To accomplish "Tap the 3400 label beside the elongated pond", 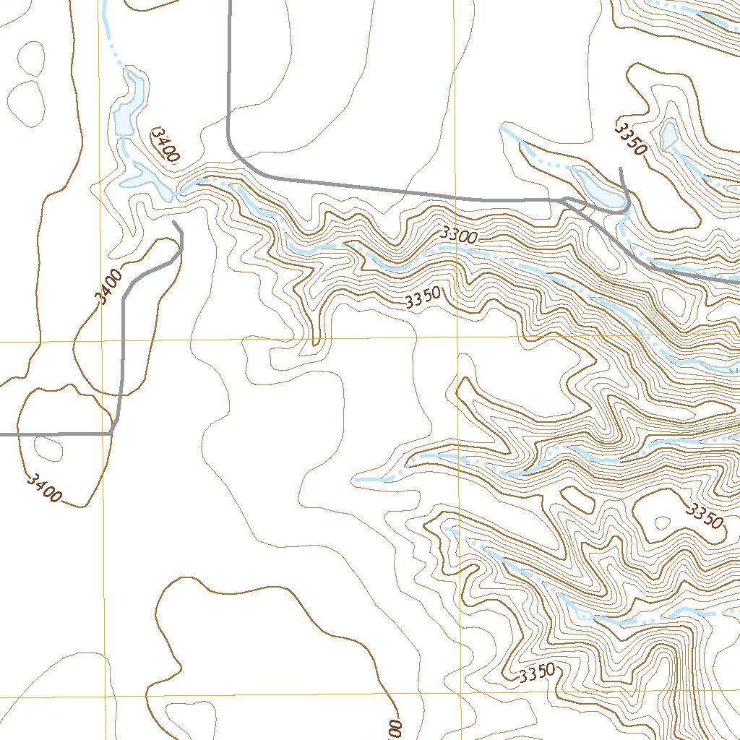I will click(x=165, y=145).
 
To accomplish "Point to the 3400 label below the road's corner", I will click(x=43, y=488).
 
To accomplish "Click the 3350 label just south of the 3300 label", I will click(x=423, y=300).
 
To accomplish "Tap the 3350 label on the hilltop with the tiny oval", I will click(x=703, y=516).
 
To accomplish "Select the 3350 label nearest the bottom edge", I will click(x=536, y=674).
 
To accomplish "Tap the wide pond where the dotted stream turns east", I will click(x=148, y=178).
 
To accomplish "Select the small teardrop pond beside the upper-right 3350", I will click(x=668, y=135).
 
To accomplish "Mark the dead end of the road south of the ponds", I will click(x=175, y=223).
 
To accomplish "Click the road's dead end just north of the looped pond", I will click(x=621, y=168).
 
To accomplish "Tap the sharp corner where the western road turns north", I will click(x=113, y=433).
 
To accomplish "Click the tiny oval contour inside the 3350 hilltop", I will click(x=661, y=522).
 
